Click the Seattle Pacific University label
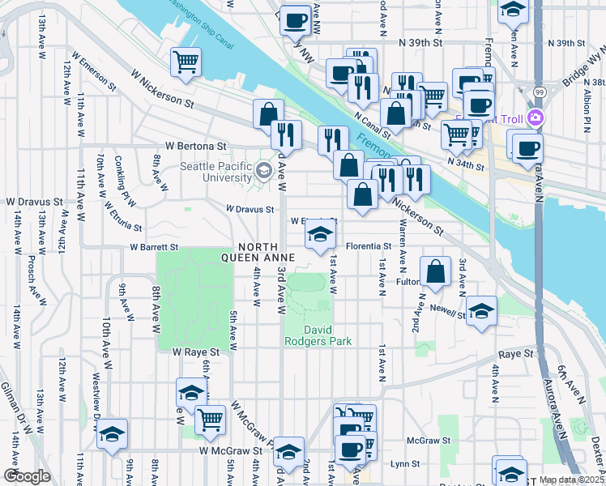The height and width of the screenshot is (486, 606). click(216, 173)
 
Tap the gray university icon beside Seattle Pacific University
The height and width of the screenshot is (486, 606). click(263, 171)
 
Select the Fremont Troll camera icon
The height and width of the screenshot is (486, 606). click(535, 118)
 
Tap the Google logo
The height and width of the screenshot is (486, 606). click(26, 476)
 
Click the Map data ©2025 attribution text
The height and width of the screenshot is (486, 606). click(571, 480)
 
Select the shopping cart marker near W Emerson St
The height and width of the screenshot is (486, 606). click(186, 62)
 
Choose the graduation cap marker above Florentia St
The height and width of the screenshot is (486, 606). click(321, 235)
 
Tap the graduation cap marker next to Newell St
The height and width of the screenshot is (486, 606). click(482, 311)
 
